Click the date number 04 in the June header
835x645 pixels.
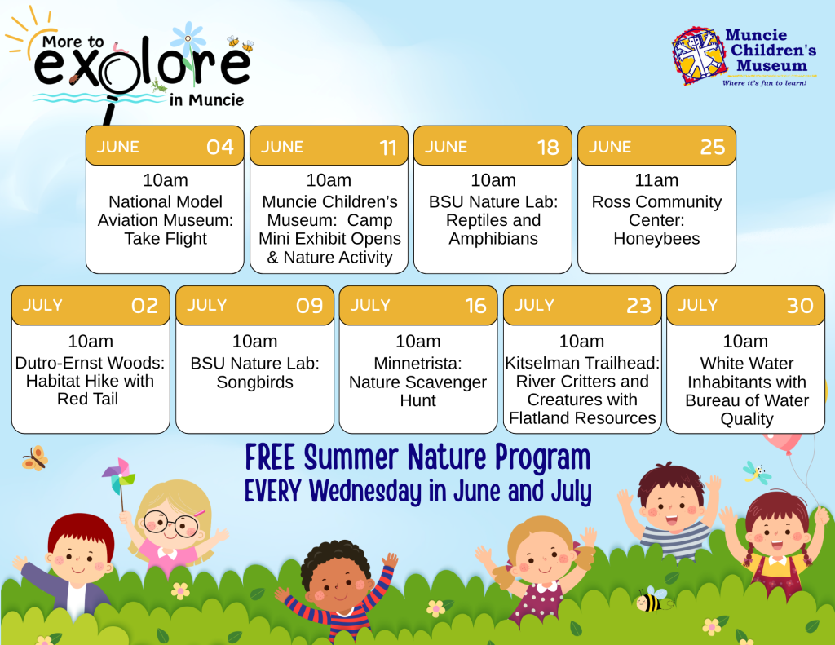(220, 147)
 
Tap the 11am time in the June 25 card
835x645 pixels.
(656, 180)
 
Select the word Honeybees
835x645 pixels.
(656, 239)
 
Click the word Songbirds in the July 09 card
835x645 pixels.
(254, 382)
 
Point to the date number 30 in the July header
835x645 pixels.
(800, 306)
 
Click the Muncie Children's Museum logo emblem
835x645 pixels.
(699, 55)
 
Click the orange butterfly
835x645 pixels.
(34, 458)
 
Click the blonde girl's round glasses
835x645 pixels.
(170, 524)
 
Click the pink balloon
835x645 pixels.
(783, 443)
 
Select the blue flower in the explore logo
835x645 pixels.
(188, 39)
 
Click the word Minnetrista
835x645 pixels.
(417, 363)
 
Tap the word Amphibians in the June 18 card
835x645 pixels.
(493, 239)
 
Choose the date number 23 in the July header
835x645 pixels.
(638, 306)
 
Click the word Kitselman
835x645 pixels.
(542, 363)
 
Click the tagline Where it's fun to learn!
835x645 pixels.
(764, 83)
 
